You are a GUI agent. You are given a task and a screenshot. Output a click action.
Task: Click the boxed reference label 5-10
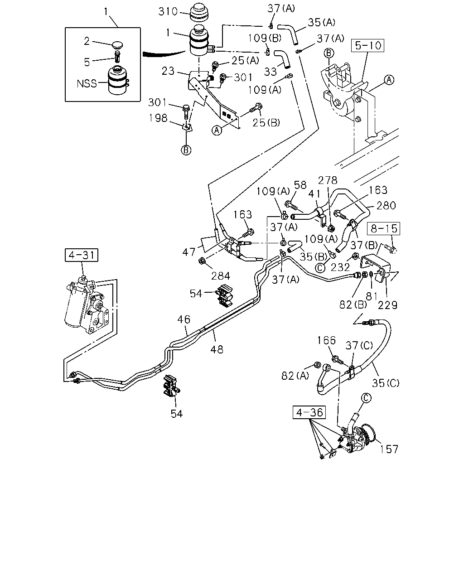coord(367,45)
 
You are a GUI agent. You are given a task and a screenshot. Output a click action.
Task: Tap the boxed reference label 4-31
coord(82,255)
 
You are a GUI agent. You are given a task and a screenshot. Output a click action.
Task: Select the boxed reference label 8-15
coord(384,228)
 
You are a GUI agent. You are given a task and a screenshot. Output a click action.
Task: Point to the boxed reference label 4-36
coord(309,413)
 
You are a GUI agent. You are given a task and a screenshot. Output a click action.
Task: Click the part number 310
coord(168,12)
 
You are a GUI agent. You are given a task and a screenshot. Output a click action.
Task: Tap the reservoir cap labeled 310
coord(200,13)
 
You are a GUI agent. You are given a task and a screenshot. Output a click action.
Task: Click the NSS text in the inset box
coord(87,83)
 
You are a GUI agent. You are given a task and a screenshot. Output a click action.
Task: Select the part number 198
coord(158,118)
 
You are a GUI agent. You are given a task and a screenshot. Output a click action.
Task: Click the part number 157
coord(389,449)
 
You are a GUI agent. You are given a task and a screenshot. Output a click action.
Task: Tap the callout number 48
coord(217,349)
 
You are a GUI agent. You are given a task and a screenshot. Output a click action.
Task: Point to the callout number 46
coord(184,319)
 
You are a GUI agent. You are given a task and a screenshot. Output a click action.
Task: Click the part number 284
coord(221,275)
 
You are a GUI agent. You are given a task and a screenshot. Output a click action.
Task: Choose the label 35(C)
coord(386,383)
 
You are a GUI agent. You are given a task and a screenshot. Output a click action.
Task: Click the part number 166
coord(326,340)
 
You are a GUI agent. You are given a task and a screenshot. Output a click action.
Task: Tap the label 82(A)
coord(295,376)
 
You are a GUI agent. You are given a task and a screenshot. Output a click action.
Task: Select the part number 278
coord(328,180)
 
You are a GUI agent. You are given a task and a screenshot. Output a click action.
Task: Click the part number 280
coord(386,205)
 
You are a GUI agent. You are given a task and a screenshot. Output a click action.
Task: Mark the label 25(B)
coord(266,123)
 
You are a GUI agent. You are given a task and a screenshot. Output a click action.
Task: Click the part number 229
coord(388,305)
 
